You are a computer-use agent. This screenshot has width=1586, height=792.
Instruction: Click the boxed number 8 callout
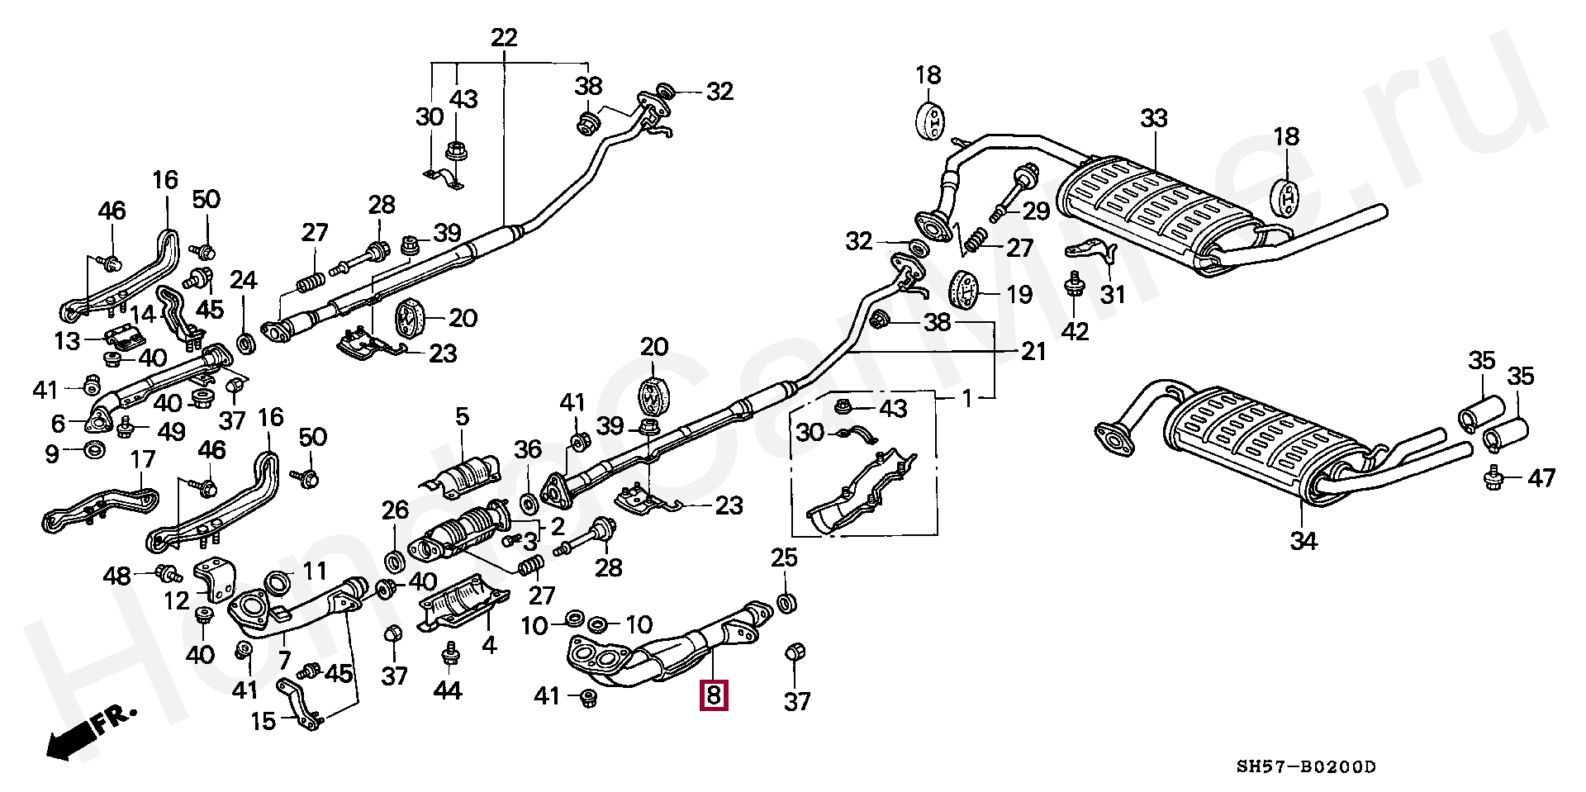[x=713, y=695]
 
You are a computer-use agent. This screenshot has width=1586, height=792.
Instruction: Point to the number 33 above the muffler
[x=1153, y=119]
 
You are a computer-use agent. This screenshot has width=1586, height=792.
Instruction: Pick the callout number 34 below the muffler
[x=1303, y=541]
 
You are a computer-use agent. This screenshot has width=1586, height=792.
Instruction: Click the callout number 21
[x=1033, y=353]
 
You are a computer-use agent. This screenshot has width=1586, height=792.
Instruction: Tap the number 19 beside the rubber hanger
[x=1019, y=294]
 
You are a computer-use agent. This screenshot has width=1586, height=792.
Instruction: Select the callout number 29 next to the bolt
[x=1035, y=211]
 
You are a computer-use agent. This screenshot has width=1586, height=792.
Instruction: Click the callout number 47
[x=1541, y=477]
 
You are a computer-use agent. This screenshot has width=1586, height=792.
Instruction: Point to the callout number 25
[x=784, y=558]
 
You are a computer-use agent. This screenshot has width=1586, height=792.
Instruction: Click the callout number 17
[x=143, y=459]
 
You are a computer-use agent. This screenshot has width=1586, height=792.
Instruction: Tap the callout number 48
[x=118, y=576]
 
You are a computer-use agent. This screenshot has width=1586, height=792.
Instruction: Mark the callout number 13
[x=67, y=339]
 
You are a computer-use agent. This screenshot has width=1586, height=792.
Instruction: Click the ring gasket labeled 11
[x=278, y=583]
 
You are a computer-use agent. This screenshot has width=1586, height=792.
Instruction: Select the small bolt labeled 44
[x=451, y=657]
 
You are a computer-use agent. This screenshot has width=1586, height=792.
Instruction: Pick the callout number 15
[x=263, y=721]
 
